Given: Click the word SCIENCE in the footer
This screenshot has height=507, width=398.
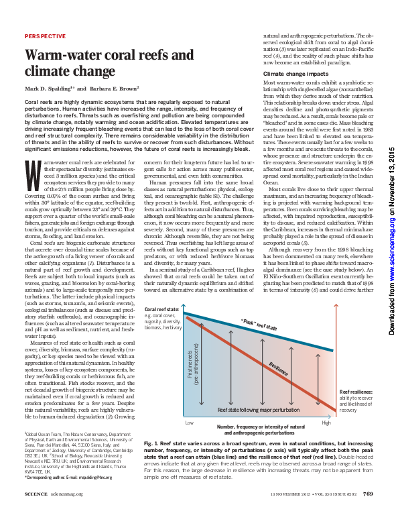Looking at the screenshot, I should (x=36, y=495).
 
